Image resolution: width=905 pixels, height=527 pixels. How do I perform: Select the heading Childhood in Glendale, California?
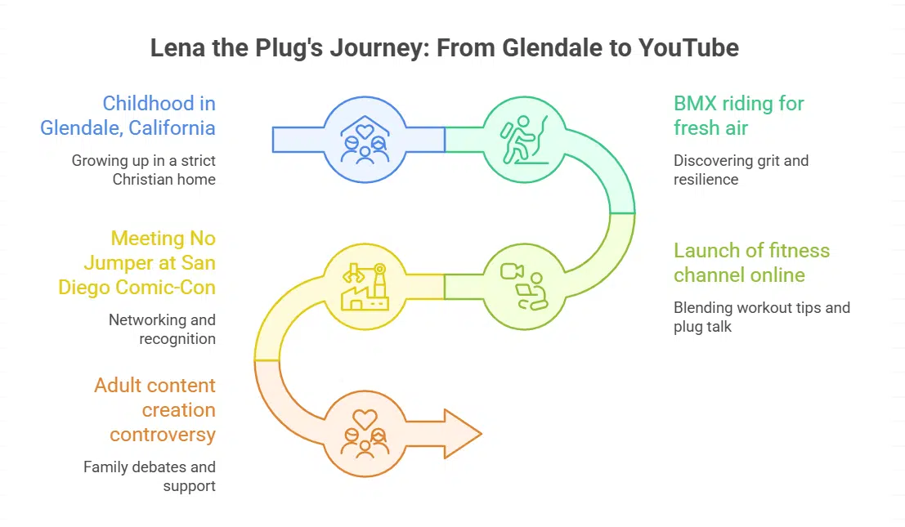click(128, 116)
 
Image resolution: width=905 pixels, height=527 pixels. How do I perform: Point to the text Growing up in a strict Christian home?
click(144, 169)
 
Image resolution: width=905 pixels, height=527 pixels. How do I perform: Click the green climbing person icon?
click(522, 140)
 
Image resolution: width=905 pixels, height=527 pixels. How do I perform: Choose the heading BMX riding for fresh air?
click(739, 116)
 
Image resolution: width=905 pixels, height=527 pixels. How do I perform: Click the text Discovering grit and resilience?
click(741, 169)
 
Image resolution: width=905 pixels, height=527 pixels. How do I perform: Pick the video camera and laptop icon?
click(522, 286)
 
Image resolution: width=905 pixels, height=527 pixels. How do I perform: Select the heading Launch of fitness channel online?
click(751, 262)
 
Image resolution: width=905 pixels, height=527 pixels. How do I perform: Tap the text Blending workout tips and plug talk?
click(762, 316)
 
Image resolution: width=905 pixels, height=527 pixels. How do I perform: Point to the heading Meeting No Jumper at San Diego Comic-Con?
click(137, 262)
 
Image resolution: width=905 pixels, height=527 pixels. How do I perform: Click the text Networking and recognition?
click(162, 328)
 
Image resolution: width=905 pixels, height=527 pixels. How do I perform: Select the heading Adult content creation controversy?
click(155, 409)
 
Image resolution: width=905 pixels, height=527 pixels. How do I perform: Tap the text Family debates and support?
click(150, 476)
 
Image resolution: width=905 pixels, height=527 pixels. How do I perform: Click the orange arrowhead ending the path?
click(462, 433)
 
